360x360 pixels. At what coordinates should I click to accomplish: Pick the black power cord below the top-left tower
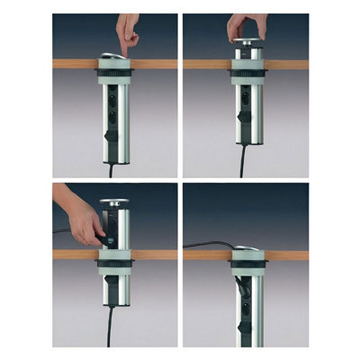pos(112,167)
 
